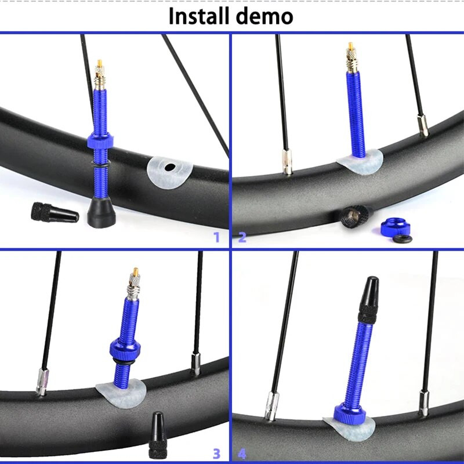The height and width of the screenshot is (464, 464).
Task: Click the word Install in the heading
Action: tap(199, 16)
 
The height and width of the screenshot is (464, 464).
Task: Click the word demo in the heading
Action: tap(265, 16)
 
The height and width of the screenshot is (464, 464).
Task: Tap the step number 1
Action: tap(216, 237)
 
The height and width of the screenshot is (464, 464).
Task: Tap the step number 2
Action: tap(242, 237)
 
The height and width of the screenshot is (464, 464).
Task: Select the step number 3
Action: tap(216, 454)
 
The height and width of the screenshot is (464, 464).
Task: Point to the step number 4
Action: tap(242, 454)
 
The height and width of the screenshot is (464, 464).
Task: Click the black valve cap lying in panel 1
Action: tap(55, 212)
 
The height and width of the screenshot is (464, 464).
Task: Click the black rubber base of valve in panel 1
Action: tap(101, 212)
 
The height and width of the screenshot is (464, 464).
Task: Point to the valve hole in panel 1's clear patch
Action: tap(169, 168)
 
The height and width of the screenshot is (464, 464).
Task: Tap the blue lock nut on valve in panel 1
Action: tap(100, 141)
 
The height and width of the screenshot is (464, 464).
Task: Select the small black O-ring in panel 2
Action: tap(402, 239)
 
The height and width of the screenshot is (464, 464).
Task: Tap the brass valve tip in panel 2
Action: tap(351, 46)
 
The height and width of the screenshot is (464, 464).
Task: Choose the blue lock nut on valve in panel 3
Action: tap(125, 350)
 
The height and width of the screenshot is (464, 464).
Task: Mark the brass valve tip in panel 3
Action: tap(136, 271)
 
